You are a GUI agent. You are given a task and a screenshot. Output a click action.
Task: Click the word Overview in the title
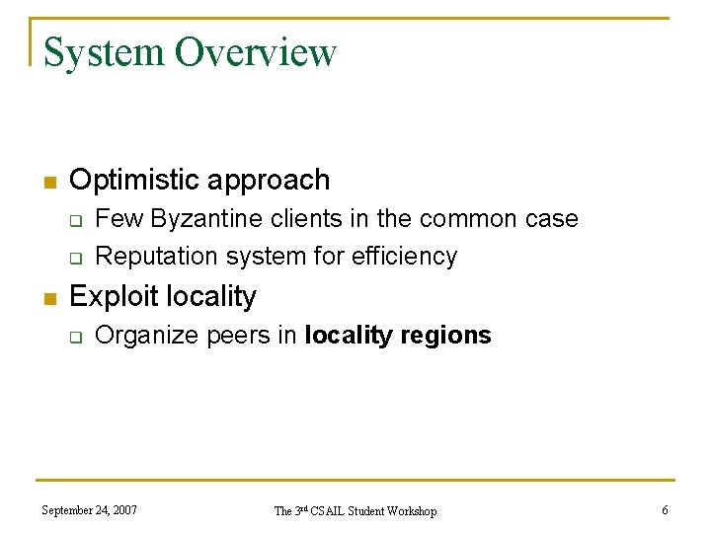[256, 52]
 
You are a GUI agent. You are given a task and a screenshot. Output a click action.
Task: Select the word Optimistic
[132, 180]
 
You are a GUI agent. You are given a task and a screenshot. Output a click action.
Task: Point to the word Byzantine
[185, 218]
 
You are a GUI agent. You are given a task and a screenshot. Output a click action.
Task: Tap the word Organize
[147, 336]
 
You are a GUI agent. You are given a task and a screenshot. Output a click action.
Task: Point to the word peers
[238, 336]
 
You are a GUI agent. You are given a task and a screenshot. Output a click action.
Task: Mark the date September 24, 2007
[90, 510]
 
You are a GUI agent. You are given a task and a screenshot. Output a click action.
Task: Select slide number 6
[665, 510]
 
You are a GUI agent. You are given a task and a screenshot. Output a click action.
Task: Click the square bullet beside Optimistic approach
[49, 182]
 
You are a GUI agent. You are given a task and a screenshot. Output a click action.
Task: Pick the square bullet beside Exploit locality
[49, 298]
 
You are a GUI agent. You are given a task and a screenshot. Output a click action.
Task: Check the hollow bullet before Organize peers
[74, 338]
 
